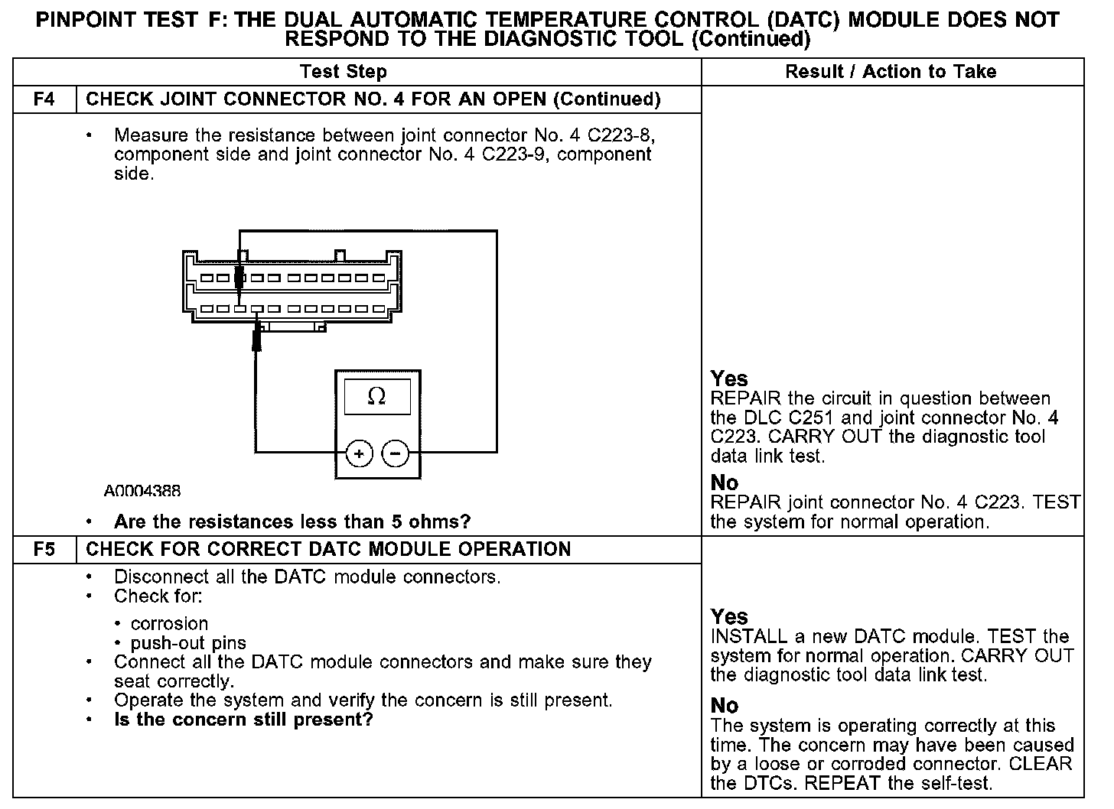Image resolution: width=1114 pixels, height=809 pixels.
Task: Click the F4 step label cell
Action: point(44,99)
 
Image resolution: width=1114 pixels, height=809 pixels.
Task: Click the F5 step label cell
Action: point(44,550)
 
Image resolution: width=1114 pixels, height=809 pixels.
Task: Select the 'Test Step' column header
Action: point(344,72)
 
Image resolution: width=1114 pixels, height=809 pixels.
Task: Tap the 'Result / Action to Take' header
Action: point(891,72)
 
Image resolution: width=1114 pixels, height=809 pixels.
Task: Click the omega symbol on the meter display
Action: point(376,396)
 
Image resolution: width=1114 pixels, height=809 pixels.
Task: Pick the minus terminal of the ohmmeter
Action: point(395,453)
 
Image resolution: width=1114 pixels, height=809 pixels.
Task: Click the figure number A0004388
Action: point(143,490)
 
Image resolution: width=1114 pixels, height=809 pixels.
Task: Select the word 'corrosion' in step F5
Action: point(169,623)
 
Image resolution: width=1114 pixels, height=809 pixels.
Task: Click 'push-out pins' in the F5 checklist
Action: point(188,643)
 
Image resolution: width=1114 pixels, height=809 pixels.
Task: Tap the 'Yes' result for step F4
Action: point(729,379)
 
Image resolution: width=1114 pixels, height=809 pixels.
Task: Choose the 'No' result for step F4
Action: point(725,482)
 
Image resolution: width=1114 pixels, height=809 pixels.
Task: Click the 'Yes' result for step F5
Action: point(729,616)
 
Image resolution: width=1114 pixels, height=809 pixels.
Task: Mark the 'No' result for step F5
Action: point(725,705)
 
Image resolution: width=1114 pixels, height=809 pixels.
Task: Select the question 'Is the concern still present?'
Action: point(243,720)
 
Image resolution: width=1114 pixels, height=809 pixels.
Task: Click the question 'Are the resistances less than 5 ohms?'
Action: point(292,522)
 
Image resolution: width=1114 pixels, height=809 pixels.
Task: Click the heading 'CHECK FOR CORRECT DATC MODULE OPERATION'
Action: point(328,550)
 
